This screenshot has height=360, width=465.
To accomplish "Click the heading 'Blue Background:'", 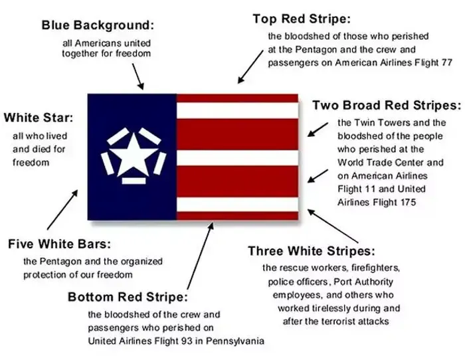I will click(98, 25).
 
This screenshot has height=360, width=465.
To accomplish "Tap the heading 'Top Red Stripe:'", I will click(302, 19).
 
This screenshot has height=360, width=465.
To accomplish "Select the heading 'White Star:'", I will click(38, 118).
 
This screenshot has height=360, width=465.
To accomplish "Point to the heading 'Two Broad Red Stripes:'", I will click(386, 105).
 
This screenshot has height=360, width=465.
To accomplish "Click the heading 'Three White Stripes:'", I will click(312, 251).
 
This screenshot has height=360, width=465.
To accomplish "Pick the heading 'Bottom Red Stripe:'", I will click(128, 297).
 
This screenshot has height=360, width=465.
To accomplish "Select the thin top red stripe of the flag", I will click(237, 98).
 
